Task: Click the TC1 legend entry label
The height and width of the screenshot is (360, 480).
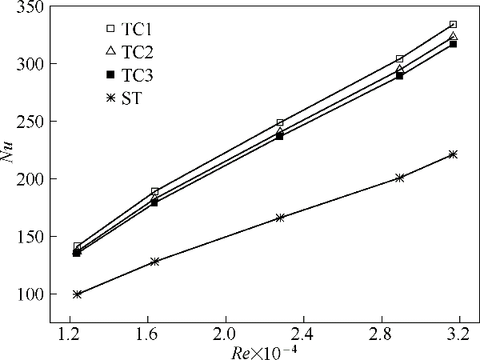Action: tap(138, 29)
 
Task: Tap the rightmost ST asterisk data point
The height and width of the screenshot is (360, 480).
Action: tap(453, 154)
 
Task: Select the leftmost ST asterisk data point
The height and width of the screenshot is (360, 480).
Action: tap(77, 294)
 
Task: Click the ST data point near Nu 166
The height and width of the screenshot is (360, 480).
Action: tap(280, 218)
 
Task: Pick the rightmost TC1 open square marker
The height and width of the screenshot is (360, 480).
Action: tap(453, 25)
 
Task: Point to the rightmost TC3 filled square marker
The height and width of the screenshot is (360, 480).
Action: tap(453, 43)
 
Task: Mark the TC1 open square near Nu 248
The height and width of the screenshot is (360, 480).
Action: tap(280, 123)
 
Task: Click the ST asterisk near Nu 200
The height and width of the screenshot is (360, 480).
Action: tap(399, 178)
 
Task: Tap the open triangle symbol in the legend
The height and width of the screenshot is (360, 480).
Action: tap(110, 51)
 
